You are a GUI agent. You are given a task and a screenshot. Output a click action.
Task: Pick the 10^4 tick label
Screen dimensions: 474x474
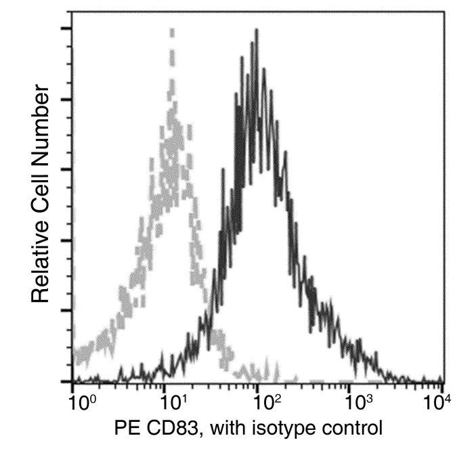click(437, 403)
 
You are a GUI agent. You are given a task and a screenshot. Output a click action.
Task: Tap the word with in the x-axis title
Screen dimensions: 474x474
click(228, 429)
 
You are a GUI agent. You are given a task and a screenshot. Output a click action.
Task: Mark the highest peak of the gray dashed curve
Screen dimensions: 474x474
click(172, 30)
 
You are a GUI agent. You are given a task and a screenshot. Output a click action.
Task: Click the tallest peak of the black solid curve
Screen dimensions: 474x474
click(257, 30)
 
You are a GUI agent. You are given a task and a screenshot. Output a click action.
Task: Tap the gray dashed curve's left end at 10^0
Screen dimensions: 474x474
click(74, 353)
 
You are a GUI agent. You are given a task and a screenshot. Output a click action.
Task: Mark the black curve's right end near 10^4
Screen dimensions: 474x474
click(442, 381)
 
